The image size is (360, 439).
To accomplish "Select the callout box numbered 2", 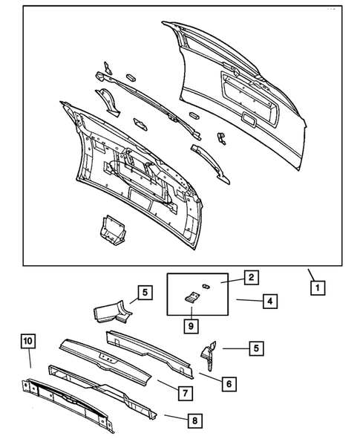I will (x=252, y=277).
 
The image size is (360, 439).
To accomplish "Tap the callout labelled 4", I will (x=271, y=302).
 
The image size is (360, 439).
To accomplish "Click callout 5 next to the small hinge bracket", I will (x=255, y=347).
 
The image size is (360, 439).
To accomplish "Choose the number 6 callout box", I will (x=229, y=384).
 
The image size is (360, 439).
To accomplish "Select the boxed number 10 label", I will (x=27, y=340).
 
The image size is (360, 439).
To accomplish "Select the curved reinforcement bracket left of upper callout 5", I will (x=111, y=313).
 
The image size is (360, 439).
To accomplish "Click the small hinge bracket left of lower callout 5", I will (x=208, y=354).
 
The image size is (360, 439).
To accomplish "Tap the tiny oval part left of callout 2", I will (x=206, y=284).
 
